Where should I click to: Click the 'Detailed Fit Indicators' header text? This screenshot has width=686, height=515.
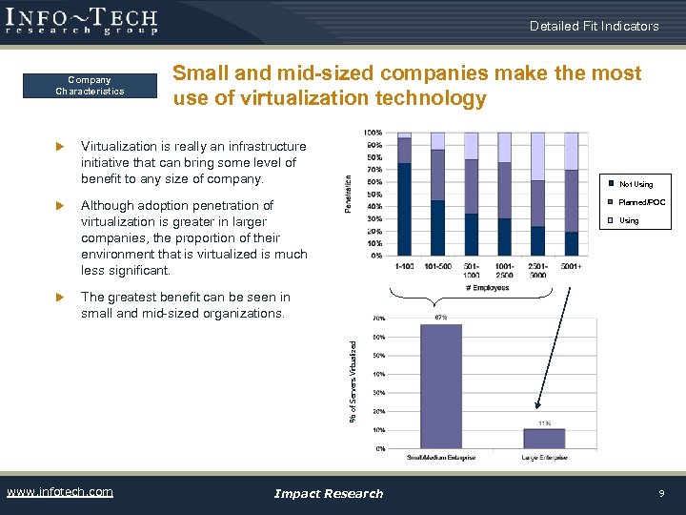594,26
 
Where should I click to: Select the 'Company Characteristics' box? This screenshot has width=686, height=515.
90,86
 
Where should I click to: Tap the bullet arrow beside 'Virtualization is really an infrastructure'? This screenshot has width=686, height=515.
58,147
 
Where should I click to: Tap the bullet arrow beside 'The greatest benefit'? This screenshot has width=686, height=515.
58,298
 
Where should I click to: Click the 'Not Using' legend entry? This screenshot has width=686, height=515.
630,184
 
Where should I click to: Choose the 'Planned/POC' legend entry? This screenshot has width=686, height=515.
636,202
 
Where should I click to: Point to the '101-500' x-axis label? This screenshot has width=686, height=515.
437,267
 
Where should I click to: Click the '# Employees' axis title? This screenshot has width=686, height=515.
487,287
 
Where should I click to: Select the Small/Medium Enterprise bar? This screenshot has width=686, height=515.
441,385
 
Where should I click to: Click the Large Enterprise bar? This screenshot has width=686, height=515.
544,438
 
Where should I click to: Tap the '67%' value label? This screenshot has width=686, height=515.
441,317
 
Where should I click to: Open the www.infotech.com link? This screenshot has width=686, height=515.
60,492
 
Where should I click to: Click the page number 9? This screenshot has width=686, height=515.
660,493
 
